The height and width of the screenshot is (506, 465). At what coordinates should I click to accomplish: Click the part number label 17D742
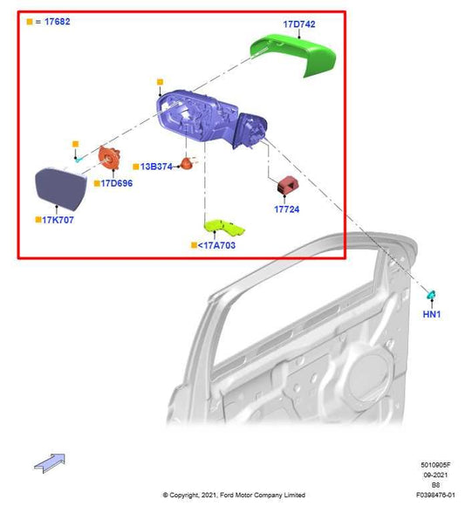tap(300, 24)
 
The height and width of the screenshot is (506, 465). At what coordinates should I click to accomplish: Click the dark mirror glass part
tap(58, 185)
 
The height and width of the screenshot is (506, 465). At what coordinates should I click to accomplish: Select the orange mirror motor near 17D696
tap(109, 161)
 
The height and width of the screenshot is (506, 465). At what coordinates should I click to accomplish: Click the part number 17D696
tap(116, 184)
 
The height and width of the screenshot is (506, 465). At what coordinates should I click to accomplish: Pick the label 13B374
tap(156, 166)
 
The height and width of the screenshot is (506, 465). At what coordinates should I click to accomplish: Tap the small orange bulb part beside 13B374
tap(186, 163)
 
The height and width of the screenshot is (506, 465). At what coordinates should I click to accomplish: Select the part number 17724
tap(287, 209)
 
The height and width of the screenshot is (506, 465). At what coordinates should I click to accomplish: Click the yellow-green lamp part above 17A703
tap(224, 228)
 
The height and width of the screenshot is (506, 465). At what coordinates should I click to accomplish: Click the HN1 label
tap(432, 314)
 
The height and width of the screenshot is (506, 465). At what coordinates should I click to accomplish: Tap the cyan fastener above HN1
tap(431, 295)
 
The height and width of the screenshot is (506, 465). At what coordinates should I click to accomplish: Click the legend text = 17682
tap(53, 20)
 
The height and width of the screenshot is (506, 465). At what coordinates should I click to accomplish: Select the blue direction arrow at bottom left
tap(50, 462)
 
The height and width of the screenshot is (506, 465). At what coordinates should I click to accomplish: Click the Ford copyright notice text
tap(233, 495)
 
